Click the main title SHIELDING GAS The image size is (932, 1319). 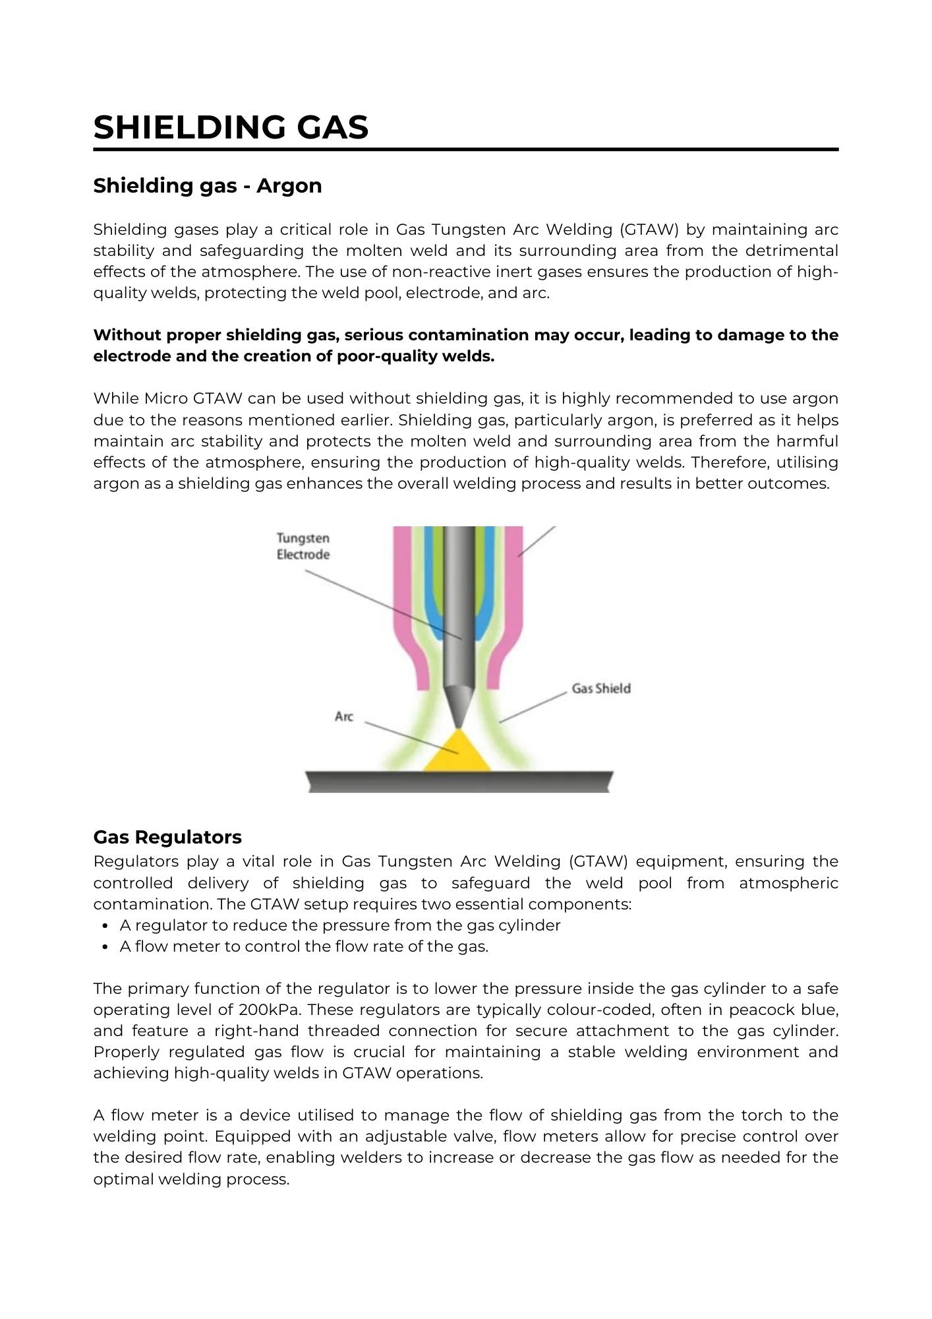(231, 127)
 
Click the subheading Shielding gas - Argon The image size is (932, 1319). (207, 186)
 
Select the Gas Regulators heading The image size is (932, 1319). (167, 837)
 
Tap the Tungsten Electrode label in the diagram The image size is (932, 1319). (303, 547)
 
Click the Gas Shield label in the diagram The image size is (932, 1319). (600, 689)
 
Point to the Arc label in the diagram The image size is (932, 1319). (344, 717)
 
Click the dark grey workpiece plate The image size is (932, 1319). (459, 782)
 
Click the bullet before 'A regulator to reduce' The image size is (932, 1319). (105, 926)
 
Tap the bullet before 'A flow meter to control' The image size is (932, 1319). (105, 947)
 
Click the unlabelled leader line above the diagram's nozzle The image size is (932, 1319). (537, 541)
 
